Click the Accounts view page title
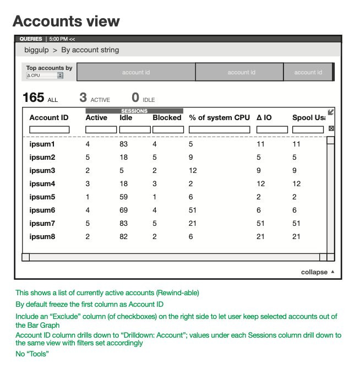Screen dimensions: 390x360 pos(66,21)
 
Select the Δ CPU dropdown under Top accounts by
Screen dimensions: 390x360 pos(45,75)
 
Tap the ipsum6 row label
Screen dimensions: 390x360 pos(42,210)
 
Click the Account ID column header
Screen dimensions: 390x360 pos(49,117)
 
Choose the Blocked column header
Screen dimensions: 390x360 pos(167,117)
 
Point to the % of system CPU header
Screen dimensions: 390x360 pos(219,117)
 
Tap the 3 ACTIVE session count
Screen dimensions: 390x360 pos(94,98)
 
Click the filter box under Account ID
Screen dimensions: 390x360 pos(50,129)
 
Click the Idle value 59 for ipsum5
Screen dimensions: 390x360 pos(123,197)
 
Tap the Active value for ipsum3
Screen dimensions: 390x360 pos(88,170)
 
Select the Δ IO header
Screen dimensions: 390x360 pos(264,117)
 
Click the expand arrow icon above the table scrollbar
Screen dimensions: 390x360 pos(331,112)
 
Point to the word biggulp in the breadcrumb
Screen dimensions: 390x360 pos(36,50)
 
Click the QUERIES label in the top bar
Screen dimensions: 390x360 pos(31,39)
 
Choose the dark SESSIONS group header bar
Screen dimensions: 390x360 pos(134,111)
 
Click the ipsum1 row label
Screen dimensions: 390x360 pos(42,144)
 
